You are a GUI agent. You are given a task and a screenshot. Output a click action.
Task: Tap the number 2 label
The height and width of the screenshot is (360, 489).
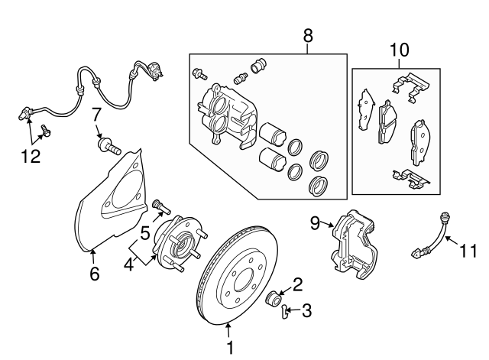point(297,285)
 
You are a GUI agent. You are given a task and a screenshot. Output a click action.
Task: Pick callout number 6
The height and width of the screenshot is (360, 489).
point(94,273)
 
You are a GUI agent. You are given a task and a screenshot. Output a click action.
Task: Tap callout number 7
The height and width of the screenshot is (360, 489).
point(97,116)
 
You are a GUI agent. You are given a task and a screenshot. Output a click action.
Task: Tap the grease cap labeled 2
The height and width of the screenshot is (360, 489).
point(274,297)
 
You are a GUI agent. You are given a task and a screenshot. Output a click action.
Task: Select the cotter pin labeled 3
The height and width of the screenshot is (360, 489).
point(285,310)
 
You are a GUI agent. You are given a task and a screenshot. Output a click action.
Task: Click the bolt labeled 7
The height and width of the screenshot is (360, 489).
point(109,146)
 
